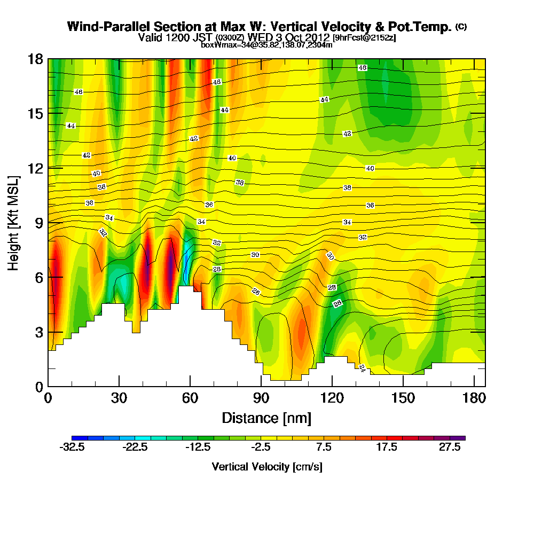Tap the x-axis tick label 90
point(261,399)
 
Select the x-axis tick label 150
point(403,399)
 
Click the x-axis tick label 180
point(474,399)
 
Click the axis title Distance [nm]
point(266,418)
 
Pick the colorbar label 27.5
point(450,448)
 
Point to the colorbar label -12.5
point(198,448)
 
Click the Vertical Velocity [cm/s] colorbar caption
point(267,467)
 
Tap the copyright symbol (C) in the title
point(461,27)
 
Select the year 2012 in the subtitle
point(317,37)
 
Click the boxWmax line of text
point(266,45)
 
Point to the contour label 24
point(362,368)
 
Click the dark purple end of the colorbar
point(461,438)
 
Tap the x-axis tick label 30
point(119,399)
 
